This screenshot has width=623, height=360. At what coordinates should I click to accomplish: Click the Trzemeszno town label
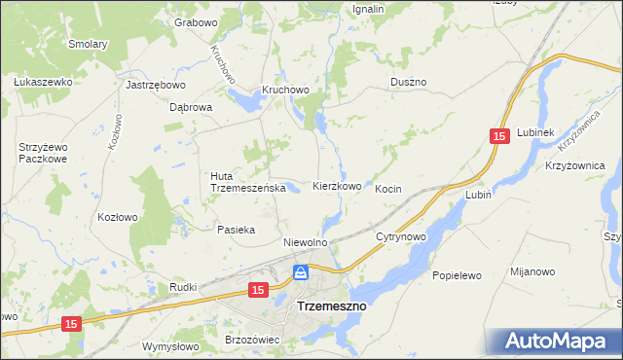point(330,306)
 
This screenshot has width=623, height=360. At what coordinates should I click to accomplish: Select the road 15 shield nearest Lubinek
point(498,138)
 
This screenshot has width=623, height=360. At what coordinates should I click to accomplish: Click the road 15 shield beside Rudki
point(258,290)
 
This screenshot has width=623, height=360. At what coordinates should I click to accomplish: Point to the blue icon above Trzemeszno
point(302,272)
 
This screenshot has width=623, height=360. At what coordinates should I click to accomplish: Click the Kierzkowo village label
point(337,186)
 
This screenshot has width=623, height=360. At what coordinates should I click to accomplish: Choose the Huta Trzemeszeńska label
point(247,182)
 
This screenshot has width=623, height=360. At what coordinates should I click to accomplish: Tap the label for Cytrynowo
point(401,236)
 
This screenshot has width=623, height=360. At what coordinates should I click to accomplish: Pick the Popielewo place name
point(457,275)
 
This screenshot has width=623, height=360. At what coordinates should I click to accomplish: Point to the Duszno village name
point(408,83)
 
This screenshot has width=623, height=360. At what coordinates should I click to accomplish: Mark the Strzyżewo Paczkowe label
point(42,153)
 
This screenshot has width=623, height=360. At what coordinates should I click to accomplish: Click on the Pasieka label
point(236,230)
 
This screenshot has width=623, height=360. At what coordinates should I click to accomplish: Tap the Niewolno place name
point(304,242)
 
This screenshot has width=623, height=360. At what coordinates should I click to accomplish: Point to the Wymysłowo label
point(170,346)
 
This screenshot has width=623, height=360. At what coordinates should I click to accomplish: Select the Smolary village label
point(88,44)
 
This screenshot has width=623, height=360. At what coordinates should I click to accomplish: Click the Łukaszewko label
point(44,83)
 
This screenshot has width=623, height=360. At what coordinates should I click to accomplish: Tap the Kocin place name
point(387,189)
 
